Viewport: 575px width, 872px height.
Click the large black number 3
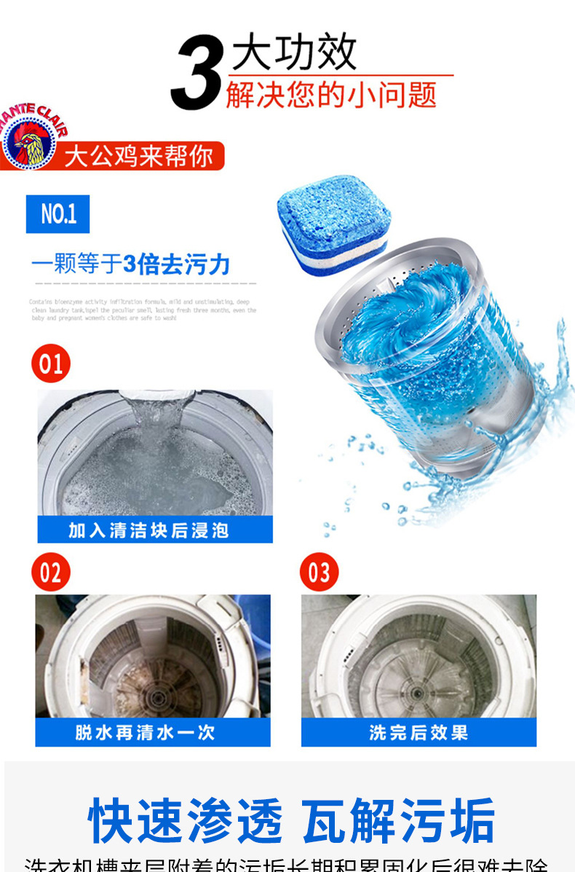[x=197, y=73]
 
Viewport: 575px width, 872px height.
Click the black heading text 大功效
[x=294, y=52]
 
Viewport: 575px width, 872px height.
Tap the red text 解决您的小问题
[x=331, y=95]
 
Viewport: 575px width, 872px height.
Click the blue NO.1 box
[x=57, y=213]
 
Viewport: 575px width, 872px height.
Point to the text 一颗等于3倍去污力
[x=131, y=264]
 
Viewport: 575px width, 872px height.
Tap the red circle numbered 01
[x=51, y=363]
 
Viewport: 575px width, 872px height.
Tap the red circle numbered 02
[x=51, y=573]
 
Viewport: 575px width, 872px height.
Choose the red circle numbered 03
[x=320, y=573]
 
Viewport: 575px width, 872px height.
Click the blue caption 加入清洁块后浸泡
[x=154, y=530]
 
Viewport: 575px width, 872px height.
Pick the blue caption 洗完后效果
[x=419, y=732]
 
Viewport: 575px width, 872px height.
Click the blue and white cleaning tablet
[x=334, y=226]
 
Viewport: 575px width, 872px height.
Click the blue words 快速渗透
[x=186, y=822]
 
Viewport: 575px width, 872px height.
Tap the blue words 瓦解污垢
[x=399, y=822]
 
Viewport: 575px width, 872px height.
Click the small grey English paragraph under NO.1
[x=143, y=310]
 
